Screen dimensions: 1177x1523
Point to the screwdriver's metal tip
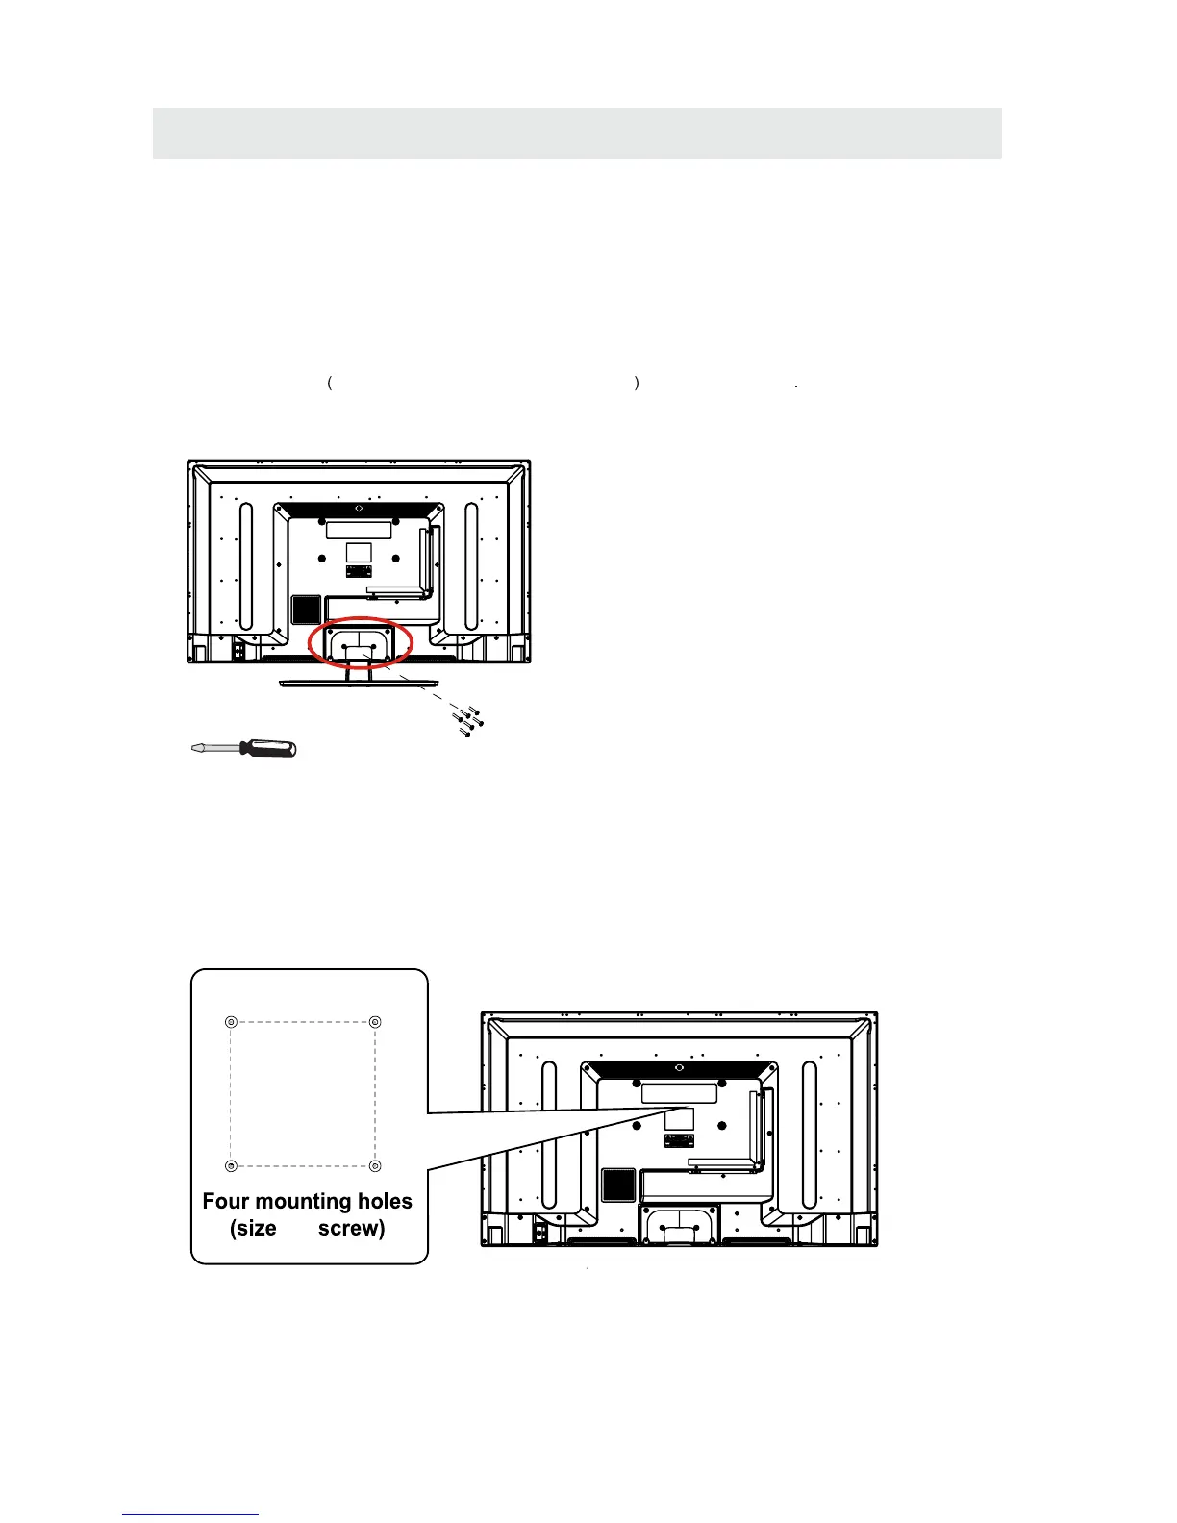(x=198, y=748)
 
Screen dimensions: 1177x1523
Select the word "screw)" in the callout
(x=351, y=1229)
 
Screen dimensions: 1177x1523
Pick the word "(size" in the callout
(x=254, y=1229)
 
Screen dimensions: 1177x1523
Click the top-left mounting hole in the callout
(x=230, y=1022)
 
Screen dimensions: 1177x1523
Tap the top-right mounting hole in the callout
(x=376, y=1022)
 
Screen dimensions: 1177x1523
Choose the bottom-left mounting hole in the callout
(x=230, y=1166)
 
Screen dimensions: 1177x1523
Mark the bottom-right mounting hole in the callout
(x=376, y=1166)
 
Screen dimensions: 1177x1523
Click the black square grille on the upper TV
(x=306, y=610)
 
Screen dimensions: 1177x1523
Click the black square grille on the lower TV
(x=618, y=1185)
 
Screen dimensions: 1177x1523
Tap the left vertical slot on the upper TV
(x=245, y=566)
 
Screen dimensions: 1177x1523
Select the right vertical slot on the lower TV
(x=810, y=1136)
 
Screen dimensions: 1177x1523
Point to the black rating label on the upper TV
(x=359, y=571)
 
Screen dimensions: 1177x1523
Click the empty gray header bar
(x=577, y=133)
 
